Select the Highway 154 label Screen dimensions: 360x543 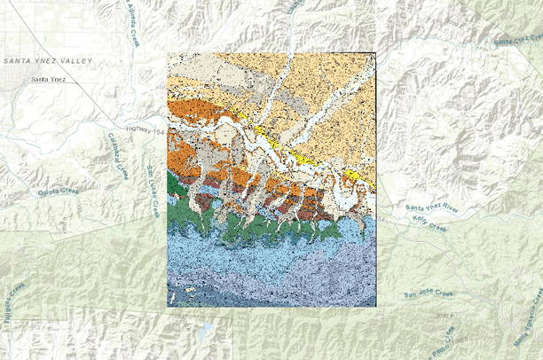pos(146,130)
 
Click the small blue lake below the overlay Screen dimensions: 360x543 pos(206,330)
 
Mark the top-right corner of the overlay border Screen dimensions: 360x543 pos(376,52)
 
